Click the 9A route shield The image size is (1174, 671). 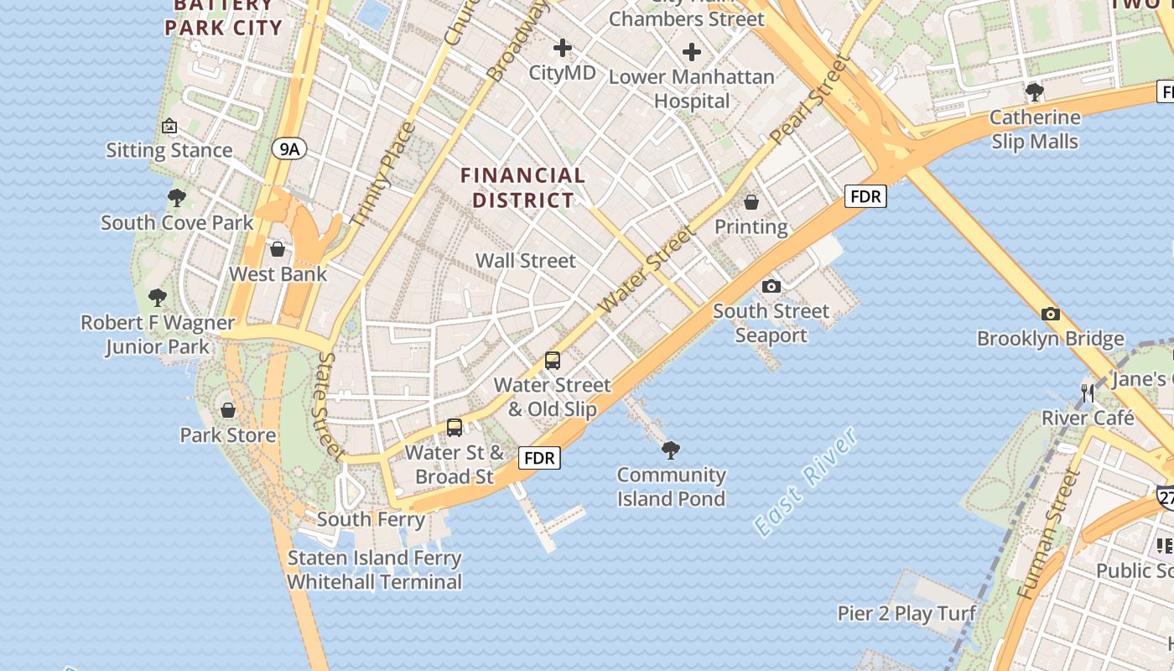(288, 149)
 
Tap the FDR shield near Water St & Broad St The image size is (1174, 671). (539, 458)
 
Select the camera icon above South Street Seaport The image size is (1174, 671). (771, 287)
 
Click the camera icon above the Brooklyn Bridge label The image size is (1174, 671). (1050, 315)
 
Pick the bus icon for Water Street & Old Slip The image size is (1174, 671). (552, 361)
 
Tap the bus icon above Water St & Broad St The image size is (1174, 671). (454, 428)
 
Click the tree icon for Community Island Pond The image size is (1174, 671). (670, 450)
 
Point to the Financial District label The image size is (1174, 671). (523, 188)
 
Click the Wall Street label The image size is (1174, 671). (526, 261)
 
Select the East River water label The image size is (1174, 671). (805, 482)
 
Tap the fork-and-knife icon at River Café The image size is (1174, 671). (1088, 393)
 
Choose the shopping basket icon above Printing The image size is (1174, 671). (751, 202)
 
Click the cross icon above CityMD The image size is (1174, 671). (562, 48)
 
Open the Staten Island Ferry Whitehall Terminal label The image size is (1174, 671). (374, 570)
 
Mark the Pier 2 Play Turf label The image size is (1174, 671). (906, 613)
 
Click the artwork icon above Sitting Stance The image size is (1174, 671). (169, 126)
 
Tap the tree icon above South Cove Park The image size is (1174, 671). (176, 198)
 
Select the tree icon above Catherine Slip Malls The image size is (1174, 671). (1034, 91)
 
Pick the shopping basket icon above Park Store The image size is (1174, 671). (227, 410)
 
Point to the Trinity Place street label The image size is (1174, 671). (382, 176)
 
